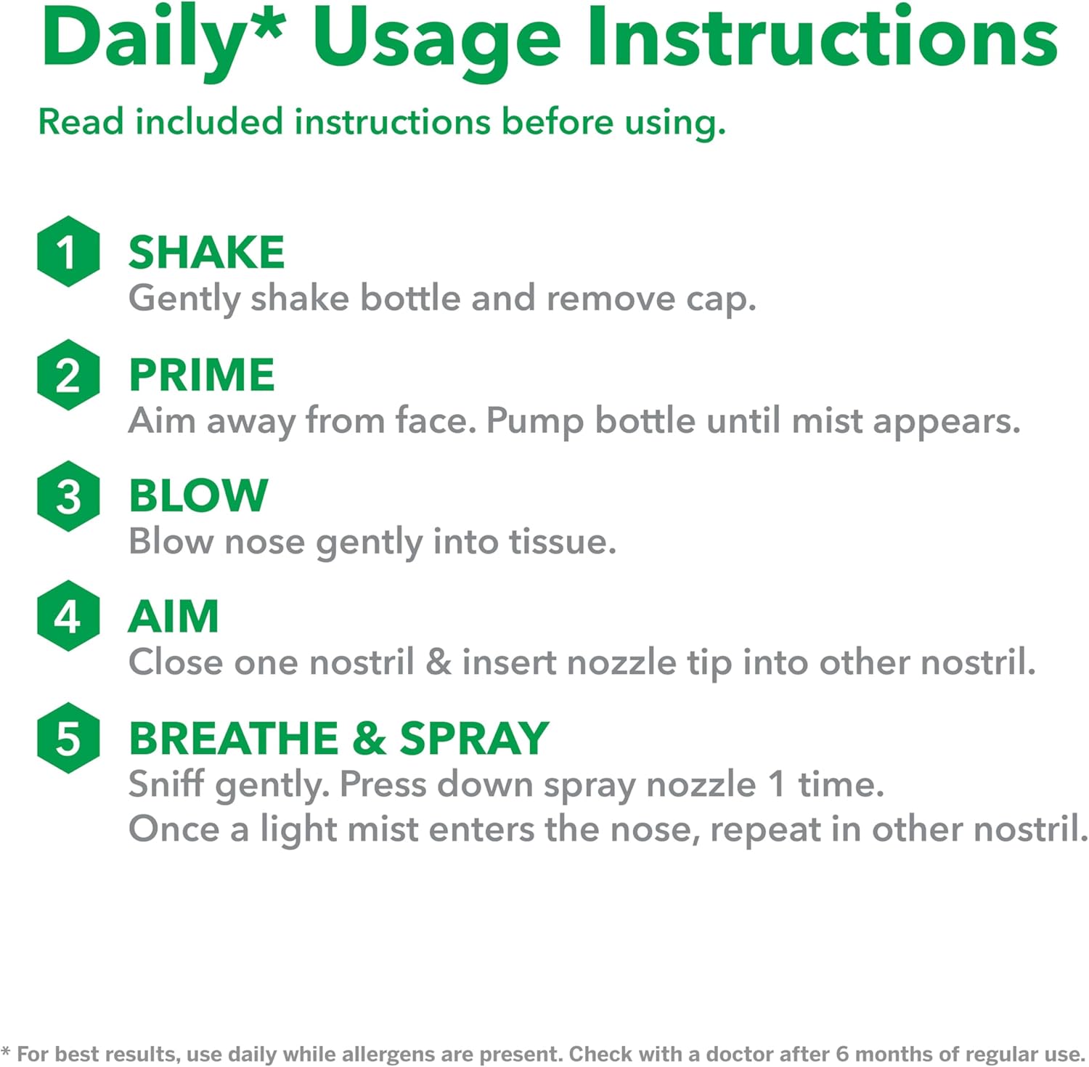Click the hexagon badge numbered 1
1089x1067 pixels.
tap(68, 251)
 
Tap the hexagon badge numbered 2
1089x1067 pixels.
tap(68, 375)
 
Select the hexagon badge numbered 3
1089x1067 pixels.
tap(68, 496)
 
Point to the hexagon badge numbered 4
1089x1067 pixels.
tap(68, 616)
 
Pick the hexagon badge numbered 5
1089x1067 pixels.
tap(68, 738)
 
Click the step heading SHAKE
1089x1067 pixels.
tap(206, 253)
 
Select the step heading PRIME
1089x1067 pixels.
tap(202, 375)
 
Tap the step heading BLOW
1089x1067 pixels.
tap(198, 495)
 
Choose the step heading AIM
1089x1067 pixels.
tap(174, 617)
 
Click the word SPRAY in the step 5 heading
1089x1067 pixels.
tap(474, 738)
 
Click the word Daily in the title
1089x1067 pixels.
tap(141, 40)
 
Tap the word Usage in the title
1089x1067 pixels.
tap(436, 41)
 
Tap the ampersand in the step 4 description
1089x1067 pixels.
tap(439, 662)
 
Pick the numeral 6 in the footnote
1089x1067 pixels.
tap(841, 1053)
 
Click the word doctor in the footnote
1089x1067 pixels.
tap(741, 1053)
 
